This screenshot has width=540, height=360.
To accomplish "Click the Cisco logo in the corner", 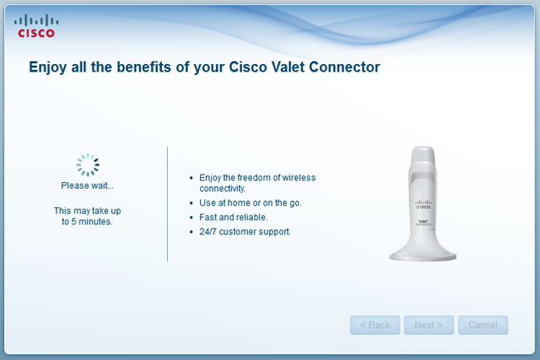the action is [x=37, y=26].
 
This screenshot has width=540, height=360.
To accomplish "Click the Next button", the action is [x=429, y=325].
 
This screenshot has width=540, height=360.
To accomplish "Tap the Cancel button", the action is [x=483, y=325].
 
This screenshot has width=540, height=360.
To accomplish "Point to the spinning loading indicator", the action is [x=88, y=165].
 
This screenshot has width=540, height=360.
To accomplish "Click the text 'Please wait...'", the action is [x=87, y=185].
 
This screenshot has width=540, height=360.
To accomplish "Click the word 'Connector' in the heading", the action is [x=345, y=67].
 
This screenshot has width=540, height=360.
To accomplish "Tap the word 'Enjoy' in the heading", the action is [x=48, y=67].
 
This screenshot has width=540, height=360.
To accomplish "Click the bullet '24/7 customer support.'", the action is [x=245, y=232].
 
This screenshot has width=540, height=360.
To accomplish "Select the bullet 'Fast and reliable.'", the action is [x=233, y=217].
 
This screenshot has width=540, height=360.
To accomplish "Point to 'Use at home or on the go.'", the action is [x=250, y=203].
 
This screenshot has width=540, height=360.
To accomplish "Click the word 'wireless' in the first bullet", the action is [x=299, y=178].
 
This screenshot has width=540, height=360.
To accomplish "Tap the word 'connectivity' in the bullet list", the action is [x=222, y=189].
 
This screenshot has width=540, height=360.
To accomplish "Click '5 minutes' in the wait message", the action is [x=91, y=221].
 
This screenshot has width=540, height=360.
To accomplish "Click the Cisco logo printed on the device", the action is [x=423, y=205].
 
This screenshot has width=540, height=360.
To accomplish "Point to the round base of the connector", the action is [x=423, y=254].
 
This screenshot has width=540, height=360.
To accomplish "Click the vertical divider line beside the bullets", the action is [x=167, y=205].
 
